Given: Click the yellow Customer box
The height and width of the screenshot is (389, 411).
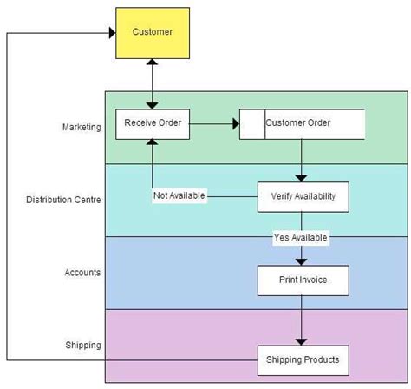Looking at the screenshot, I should [x=153, y=32].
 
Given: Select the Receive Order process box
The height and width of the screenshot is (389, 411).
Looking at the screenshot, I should [x=152, y=123].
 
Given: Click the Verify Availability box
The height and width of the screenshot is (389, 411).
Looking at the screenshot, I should [x=303, y=195].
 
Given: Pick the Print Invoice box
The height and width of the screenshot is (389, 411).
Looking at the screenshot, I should [x=303, y=280].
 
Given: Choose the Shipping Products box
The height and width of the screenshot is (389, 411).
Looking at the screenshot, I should [x=303, y=359].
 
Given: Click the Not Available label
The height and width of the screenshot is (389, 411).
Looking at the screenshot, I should [x=179, y=195].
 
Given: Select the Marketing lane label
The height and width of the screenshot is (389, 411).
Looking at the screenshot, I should [x=82, y=128].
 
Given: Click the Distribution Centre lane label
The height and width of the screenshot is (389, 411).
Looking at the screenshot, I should [x=64, y=200].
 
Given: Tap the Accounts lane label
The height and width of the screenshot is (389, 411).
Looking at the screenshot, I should [x=82, y=272].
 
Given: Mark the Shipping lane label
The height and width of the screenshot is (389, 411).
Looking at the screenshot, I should [x=83, y=345].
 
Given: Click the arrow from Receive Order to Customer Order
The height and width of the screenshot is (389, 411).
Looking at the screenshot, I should [x=213, y=124].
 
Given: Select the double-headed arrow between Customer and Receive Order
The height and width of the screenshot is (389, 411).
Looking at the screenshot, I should [x=153, y=83].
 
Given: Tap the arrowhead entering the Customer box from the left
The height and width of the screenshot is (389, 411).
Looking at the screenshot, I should [x=112, y=33].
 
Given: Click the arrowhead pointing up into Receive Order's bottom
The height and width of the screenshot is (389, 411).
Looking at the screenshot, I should [x=153, y=143].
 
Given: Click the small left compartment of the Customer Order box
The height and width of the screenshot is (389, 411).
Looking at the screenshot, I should [x=252, y=123].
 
